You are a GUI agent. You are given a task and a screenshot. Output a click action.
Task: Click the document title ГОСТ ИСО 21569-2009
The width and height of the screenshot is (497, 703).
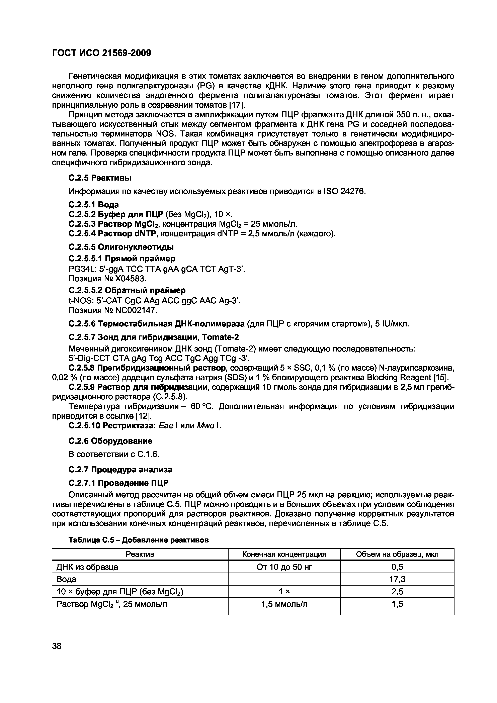point(102,53)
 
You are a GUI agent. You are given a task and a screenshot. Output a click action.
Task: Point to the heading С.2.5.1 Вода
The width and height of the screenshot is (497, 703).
point(94,205)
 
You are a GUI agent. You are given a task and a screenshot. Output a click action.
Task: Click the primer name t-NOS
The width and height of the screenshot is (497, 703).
point(79,301)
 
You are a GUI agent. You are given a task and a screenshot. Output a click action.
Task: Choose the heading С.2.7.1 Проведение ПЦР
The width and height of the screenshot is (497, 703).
point(118,483)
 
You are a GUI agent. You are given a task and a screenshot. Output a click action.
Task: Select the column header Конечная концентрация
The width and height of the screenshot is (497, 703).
point(284,554)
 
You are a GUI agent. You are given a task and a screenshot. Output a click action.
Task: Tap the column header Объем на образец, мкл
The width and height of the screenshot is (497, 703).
point(397,554)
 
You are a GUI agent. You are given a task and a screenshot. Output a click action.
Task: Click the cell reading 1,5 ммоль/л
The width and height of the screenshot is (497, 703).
point(284,604)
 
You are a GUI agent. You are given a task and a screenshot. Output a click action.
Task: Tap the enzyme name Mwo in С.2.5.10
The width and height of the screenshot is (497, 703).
point(205,426)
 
